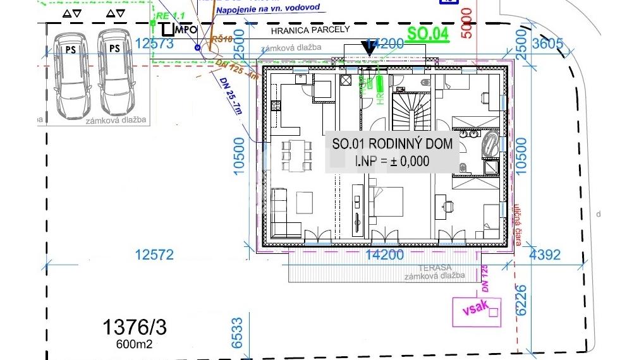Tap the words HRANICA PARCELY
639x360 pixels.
click(x=310, y=30)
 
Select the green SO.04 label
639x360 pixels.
click(x=427, y=34)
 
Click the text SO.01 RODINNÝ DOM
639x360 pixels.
click(x=393, y=144)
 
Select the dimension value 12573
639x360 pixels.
click(x=154, y=44)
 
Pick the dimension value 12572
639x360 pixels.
click(x=154, y=255)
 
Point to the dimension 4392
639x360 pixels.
click(x=544, y=255)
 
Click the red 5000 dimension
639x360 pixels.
click(x=467, y=23)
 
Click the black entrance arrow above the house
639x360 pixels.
click(x=368, y=48)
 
